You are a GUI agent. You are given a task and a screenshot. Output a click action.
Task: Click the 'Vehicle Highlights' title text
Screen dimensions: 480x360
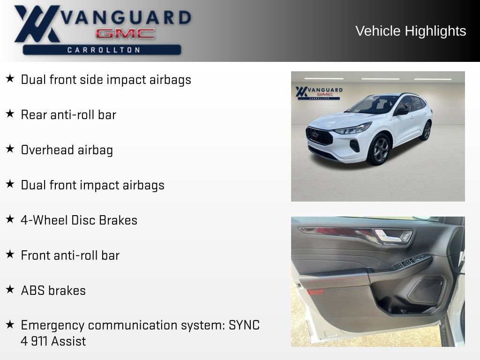[x=411, y=31]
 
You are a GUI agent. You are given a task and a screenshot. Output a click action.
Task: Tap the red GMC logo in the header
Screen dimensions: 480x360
[x=125, y=34]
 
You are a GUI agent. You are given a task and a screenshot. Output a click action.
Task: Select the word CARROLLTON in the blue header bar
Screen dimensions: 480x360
[x=104, y=50]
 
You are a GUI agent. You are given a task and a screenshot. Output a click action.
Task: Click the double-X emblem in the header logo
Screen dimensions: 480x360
[x=37, y=23]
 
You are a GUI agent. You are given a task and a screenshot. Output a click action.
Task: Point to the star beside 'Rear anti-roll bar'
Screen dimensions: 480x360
[x=10, y=114]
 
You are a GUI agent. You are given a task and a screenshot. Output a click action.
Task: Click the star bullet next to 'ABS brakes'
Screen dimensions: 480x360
[x=10, y=290]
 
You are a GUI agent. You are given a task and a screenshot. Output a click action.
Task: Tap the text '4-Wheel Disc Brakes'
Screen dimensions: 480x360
[x=79, y=220]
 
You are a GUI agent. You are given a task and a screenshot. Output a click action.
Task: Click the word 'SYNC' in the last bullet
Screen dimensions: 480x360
[x=244, y=325]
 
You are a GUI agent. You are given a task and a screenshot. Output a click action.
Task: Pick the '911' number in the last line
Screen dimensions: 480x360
[x=39, y=341]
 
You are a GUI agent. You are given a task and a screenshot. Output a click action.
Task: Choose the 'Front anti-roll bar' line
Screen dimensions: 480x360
[x=70, y=255]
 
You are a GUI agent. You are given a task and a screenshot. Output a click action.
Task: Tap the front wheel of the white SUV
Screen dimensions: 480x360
[x=380, y=150]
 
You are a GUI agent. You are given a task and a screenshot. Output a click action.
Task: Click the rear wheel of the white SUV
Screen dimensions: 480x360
[x=427, y=131]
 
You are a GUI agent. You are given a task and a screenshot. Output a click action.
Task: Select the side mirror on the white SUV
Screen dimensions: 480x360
[x=402, y=112]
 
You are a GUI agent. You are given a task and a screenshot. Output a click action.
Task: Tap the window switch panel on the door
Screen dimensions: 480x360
[x=412, y=262]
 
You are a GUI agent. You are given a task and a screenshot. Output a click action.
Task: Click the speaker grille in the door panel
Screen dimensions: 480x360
[x=427, y=291]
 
